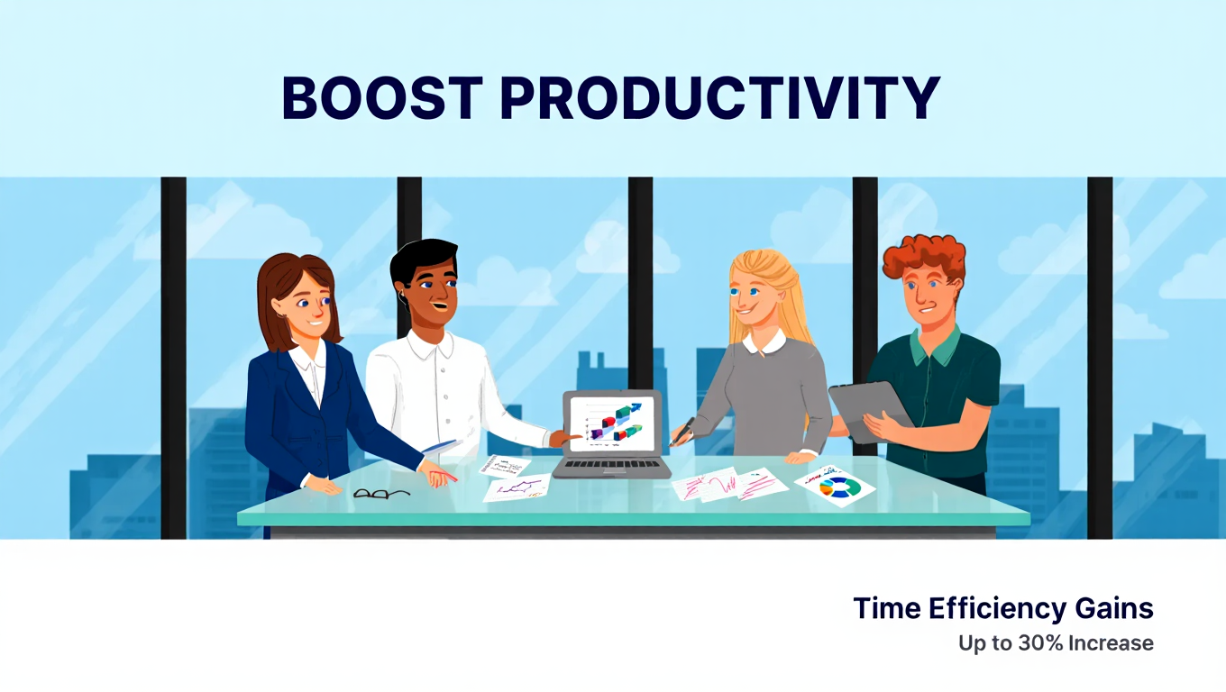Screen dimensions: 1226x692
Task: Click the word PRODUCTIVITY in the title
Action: (720, 98)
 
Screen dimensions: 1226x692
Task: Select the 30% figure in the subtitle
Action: (1040, 643)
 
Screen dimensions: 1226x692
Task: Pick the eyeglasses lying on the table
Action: (381, 494)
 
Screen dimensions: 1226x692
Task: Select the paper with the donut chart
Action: (835, 486)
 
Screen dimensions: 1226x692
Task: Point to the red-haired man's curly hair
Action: (924, 259)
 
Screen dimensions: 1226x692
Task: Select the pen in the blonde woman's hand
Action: (682, 432)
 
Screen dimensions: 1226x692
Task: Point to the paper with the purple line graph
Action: (517, 487)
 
